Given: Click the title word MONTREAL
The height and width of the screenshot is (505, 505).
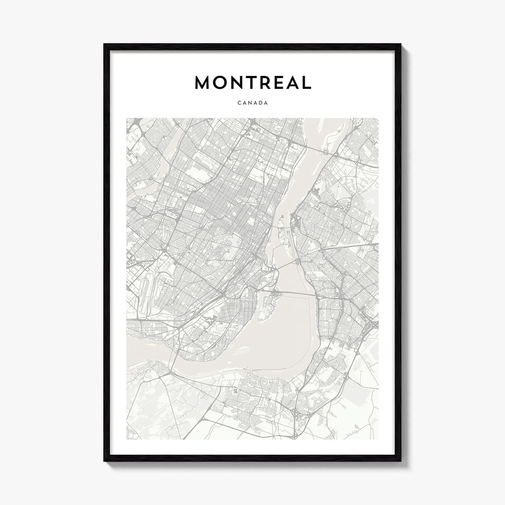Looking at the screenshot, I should click(252, 83).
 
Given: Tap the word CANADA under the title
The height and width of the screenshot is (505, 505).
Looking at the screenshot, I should click(252, 104).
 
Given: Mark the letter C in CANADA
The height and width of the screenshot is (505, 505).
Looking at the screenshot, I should click(239, 104).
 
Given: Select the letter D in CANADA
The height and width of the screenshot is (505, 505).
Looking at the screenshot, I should click(260, 104).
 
